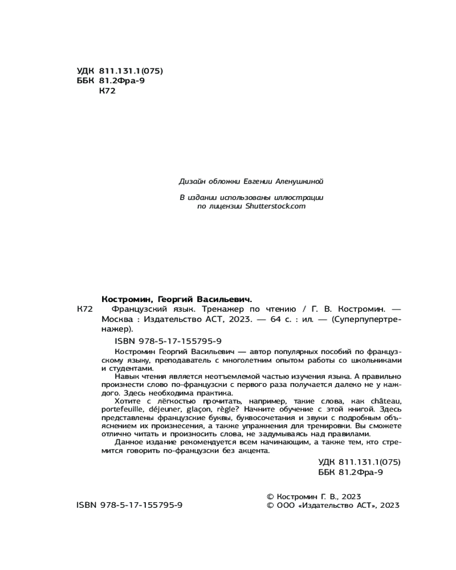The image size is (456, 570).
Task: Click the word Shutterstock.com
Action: (x=275, y=206)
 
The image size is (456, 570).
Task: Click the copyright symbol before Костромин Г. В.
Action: (x=271, y=496)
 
